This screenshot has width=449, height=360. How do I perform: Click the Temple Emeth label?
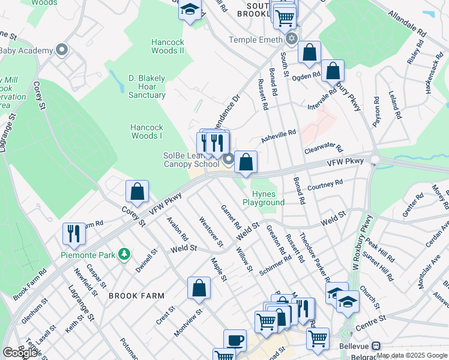point(255,40)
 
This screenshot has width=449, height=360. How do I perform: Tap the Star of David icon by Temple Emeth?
point(292,40)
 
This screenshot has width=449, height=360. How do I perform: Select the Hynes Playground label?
point(264,198)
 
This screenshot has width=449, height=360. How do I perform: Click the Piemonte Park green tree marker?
point(124,254)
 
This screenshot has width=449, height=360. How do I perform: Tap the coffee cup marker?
point(235,340)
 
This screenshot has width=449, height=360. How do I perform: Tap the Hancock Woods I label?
point(147,131)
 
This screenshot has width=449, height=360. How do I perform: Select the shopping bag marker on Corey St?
point(137,191)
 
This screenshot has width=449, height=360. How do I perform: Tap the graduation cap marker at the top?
point(190,10)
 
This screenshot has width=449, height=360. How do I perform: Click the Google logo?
point(20,353)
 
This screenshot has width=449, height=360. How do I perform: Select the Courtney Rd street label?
point(325,184)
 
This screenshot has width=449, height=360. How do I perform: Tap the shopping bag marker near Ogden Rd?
point(309,52)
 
